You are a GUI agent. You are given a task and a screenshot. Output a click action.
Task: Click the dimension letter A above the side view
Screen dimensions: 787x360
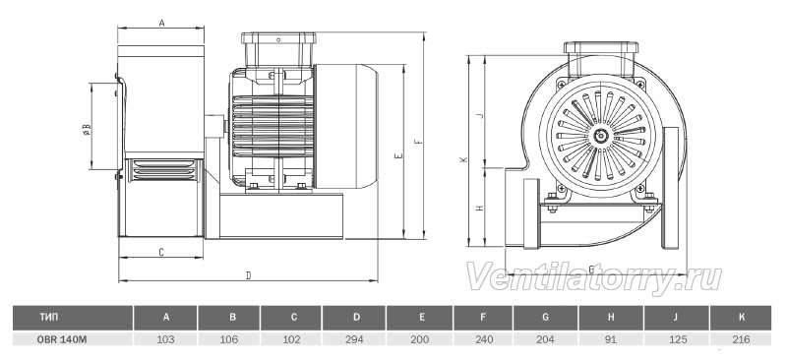pyautogui.click(x=161, y=23)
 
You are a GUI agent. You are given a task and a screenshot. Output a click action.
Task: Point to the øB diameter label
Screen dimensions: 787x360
pyautogui.click(x=87, y=130)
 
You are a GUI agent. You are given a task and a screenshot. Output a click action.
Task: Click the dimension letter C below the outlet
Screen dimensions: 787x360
pyautogui.click(x=161, y=252)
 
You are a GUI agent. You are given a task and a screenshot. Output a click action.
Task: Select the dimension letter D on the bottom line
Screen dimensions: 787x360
pyautogui.click(x=248, y=275)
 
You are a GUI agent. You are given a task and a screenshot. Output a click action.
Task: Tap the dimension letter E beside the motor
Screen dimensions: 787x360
pyautogui.click(x=398, y=156)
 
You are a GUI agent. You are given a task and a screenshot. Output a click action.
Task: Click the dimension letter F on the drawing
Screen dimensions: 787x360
pyautogui.click(x=419, y=141)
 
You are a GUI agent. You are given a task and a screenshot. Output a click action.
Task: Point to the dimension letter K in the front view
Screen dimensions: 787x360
pyautogui.click(x=463, y=159)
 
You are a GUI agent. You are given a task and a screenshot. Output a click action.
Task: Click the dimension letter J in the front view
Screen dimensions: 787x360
pyautogui.click(x=480, y=115)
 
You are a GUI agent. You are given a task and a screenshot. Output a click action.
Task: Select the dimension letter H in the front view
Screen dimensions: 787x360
pyautogui.click(x=480, y=208)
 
